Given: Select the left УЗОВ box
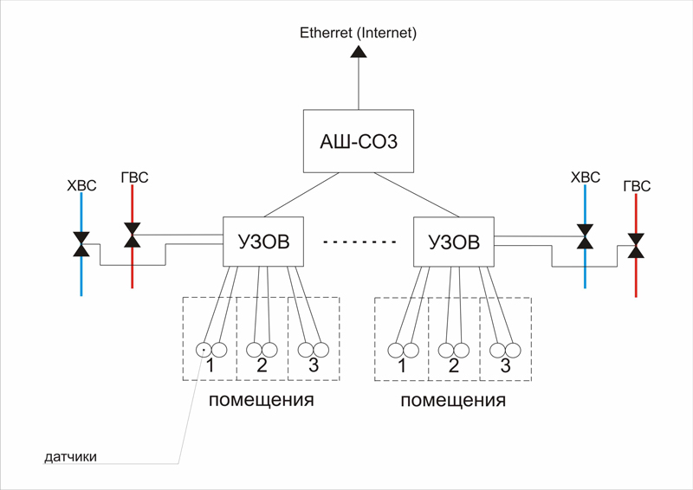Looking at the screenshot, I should coord(263,242).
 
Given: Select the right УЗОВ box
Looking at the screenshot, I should coord(455,242).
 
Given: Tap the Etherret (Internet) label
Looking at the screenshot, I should coord(359,34).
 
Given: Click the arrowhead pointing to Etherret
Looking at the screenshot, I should coord(359,51).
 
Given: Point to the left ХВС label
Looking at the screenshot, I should coord(81,185).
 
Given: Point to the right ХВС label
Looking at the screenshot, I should coord(586,178).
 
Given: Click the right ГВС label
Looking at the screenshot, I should coord(637,186).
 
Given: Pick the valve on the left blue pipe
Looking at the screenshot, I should coord(81,244).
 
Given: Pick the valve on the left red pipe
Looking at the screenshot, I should coord(132,234).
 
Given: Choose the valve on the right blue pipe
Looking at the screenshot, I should coord(586,234).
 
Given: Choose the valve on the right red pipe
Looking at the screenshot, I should coord(637,245).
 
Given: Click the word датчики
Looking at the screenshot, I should coord(71,456).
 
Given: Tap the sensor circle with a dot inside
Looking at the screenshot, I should coord(203,350).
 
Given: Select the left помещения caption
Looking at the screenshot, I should coord(261,401).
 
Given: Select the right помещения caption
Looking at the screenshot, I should coord(453,402).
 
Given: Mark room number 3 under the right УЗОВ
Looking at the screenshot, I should coord(506,367).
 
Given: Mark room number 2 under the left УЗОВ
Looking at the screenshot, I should coord(262,366).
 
